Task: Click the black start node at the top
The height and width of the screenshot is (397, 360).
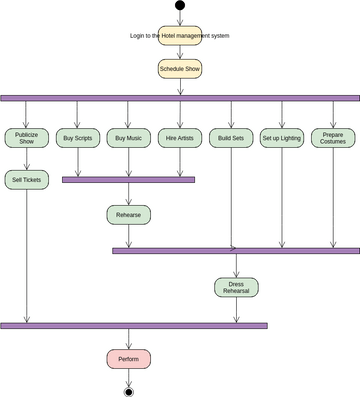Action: coord(180,5)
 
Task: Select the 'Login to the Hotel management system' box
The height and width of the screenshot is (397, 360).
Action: coord(180,35)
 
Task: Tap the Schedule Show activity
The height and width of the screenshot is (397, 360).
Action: coord(180,68)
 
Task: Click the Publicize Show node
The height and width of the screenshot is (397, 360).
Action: coord(26,138)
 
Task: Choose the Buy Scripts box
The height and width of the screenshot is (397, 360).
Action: coord(77,138)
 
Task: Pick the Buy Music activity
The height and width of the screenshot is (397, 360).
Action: coord(128,138)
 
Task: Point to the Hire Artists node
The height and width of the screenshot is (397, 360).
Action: coord(180,138)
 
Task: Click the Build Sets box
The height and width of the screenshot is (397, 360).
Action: coord(231,138)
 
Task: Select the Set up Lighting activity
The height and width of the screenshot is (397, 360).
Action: coord(282,138)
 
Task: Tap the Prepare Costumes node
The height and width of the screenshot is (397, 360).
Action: coord(333,138)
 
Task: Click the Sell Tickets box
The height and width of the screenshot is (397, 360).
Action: coord(26,180)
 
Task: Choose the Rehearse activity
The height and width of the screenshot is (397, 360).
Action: coord(128,214)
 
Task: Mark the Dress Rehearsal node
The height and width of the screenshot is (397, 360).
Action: coord(236,288)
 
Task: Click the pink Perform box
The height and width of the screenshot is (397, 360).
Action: coord(128,358)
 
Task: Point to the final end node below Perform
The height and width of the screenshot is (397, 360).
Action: coord(128,391)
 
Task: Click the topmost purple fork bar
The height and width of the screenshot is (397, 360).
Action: coord(180,98)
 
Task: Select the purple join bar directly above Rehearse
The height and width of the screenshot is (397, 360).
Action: coord(128,180)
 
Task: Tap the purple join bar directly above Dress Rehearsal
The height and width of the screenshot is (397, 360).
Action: coord(236,250)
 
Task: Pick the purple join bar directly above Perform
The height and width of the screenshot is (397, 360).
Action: coord(134,325)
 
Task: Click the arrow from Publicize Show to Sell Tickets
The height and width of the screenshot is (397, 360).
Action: coord(26,160)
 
